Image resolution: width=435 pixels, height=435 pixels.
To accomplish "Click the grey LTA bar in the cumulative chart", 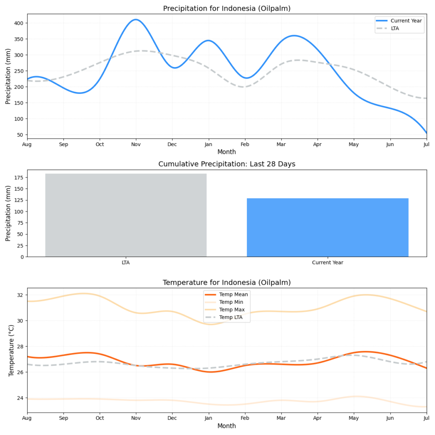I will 126,215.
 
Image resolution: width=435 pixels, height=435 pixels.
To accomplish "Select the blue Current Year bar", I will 328,227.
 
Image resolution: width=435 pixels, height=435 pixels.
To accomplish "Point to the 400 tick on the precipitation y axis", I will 19,23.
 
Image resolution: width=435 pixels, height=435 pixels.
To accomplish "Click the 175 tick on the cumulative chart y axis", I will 19,178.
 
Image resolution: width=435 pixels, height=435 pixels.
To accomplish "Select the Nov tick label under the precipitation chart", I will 136,144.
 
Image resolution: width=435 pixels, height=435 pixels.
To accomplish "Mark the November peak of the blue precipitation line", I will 136,20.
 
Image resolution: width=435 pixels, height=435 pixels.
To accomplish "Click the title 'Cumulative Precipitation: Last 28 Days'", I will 226,164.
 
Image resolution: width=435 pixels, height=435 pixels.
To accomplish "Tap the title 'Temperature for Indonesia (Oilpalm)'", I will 226,282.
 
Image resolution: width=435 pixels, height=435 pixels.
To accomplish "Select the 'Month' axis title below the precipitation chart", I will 226,152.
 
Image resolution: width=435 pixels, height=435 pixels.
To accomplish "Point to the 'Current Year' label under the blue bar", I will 328,263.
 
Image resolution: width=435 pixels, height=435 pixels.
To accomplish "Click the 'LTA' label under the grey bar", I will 126,263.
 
